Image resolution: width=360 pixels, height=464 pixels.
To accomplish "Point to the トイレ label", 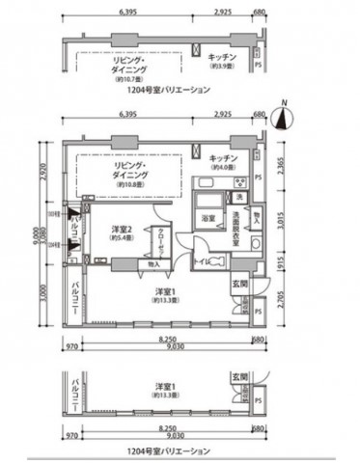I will pyautogui.click(x=200, y=259).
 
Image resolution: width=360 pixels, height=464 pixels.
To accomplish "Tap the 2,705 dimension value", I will pyautogui.click(x=279, y=306).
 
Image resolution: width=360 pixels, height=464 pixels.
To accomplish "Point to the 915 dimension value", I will pyautogui.click(x=279, y=262).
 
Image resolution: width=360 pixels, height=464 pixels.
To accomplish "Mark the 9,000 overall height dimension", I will pyautogui.click(x=33, y=236).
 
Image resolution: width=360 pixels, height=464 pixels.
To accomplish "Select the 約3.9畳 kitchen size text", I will pyautogui.click(x=222, y=68).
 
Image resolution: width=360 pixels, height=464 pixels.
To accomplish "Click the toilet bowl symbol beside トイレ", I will pyautogui.click(x=220, y=261).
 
